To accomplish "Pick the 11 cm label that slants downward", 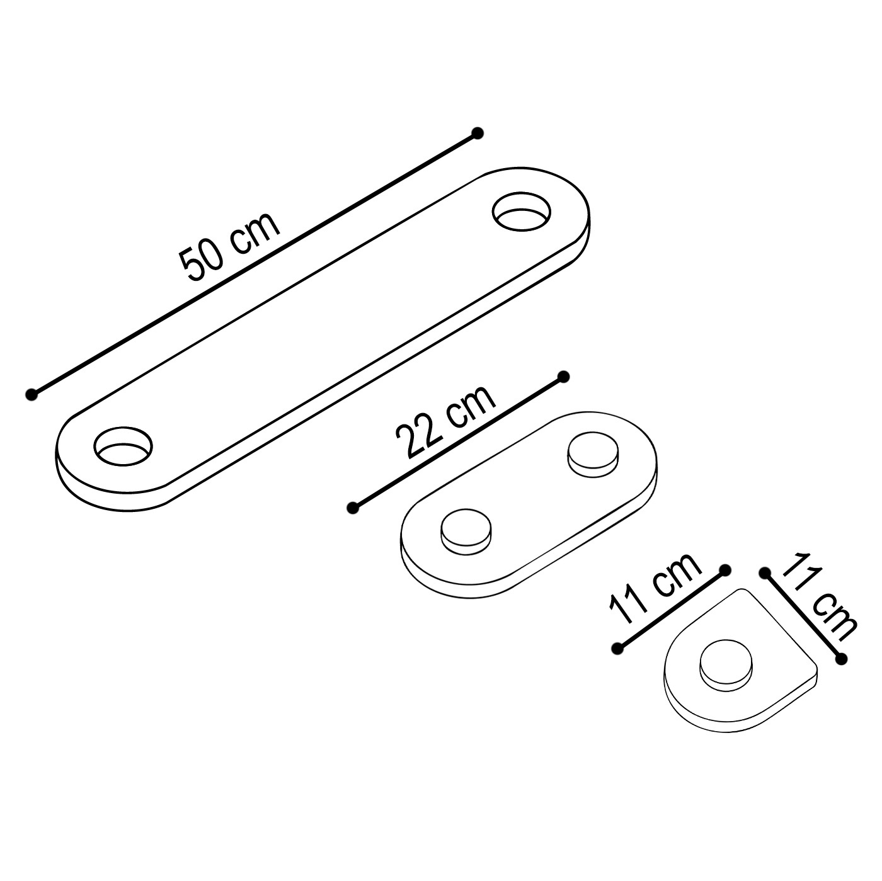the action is (819, 596).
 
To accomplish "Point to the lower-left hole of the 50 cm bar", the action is (123, 446).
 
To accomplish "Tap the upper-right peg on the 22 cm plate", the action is (593, 452).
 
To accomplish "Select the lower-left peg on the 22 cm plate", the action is (466, 529).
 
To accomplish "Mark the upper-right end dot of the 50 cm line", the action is (478, 133).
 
